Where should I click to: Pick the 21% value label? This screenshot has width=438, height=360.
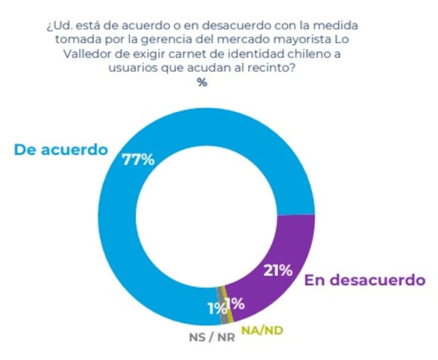[x=277, y=270]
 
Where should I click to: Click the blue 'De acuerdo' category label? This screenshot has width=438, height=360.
[x=61, y=149]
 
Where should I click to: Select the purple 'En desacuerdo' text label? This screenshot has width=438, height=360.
[x=365, y=281]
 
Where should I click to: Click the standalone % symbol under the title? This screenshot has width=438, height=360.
[x=202, y=83]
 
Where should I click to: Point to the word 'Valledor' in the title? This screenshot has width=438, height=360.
[x=71, y=56]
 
